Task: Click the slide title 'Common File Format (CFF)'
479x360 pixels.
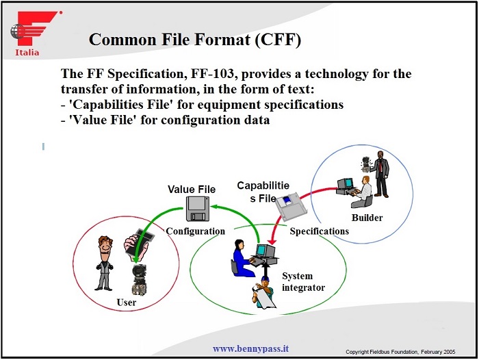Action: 195,39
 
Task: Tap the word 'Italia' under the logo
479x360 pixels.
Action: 27,53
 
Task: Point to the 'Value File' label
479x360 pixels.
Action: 192,189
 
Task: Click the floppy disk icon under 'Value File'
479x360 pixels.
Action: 198,207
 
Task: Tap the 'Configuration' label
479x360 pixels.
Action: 195,231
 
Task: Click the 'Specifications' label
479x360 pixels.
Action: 319,231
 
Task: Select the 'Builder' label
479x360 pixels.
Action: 367,218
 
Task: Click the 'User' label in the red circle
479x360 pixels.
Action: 127,302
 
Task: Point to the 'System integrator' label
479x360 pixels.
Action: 303,282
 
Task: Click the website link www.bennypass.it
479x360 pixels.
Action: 250,348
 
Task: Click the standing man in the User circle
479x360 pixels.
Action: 105,262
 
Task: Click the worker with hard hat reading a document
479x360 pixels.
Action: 263,290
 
